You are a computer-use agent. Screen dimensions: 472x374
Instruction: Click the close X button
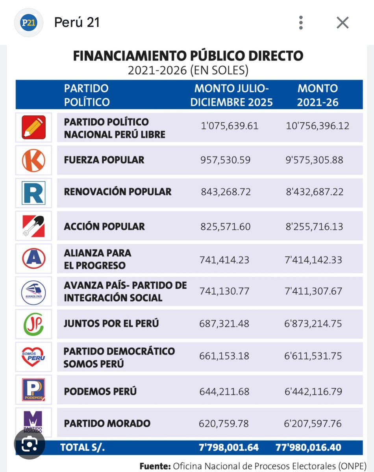(x=343, y=23)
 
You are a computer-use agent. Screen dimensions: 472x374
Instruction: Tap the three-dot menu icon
(x=301, y=23)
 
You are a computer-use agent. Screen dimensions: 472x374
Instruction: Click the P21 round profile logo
(x=28, y=23)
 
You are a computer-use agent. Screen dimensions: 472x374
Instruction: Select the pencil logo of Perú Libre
(x=33, y=127)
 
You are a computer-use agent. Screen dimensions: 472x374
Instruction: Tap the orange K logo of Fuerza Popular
(x=33, y=160)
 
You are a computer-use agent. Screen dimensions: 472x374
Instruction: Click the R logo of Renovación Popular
(x=33, y=193)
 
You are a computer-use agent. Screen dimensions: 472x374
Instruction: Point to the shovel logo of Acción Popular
(x=33, y=226)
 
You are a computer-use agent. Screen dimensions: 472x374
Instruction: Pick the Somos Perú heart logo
(x=33, y=356)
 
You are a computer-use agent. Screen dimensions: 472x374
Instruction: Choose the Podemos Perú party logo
(x=33, y=389)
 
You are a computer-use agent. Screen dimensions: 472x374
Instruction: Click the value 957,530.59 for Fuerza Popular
(x=225, y=160)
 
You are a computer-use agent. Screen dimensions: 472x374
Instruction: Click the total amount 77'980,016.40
(x=309, y=447)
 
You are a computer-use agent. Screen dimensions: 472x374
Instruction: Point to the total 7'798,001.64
(x=229, y=447)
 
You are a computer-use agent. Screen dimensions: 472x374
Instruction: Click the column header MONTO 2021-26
(x=317, y=95)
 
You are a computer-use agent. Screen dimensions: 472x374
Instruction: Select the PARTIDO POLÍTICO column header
(x=87, y=95)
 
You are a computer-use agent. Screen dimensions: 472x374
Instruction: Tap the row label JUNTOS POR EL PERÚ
(x=111, y=324)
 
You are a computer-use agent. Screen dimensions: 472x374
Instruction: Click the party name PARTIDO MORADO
(x=107, y=424)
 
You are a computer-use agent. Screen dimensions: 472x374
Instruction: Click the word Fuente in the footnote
(x=155, y=466)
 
